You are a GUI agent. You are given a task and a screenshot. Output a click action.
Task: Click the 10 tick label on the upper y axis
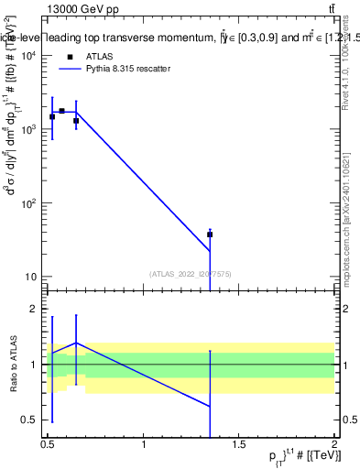[x=29, y=277]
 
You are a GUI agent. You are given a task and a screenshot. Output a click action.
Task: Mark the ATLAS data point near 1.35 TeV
[x=210, y=234]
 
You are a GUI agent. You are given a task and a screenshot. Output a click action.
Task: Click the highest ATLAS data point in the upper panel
[x=61, y=111]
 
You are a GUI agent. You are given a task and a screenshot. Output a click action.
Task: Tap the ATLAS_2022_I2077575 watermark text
[x=190, y=273]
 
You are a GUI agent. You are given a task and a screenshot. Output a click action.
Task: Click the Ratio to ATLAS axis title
[x=12, y=365]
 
